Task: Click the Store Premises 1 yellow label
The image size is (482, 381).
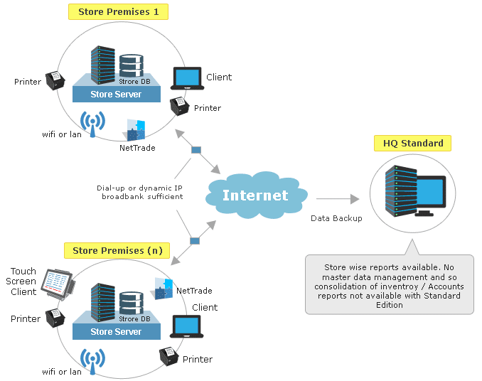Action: click(x=118, y=12)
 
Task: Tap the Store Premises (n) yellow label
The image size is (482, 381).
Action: click(x=118, y=250)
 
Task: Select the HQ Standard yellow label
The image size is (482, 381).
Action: click(x=412, y=143)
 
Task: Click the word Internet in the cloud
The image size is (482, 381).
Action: click(x=256, y=195)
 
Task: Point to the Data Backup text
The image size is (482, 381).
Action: click(x=336, y=218)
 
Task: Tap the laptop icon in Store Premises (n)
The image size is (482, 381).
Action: click(x=187, y=326)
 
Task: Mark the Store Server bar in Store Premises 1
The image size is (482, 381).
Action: click(x=116, y=95)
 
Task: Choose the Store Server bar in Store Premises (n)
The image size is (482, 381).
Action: click(x=116, y=331)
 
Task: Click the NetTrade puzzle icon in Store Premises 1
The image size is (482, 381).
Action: click(x=136, y=130)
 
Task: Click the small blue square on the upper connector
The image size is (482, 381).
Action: click(x=196, y=150)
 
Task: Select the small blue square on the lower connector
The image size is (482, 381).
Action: click(x=194, y=241)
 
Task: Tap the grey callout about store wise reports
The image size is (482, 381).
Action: click(x=389, y=284)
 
